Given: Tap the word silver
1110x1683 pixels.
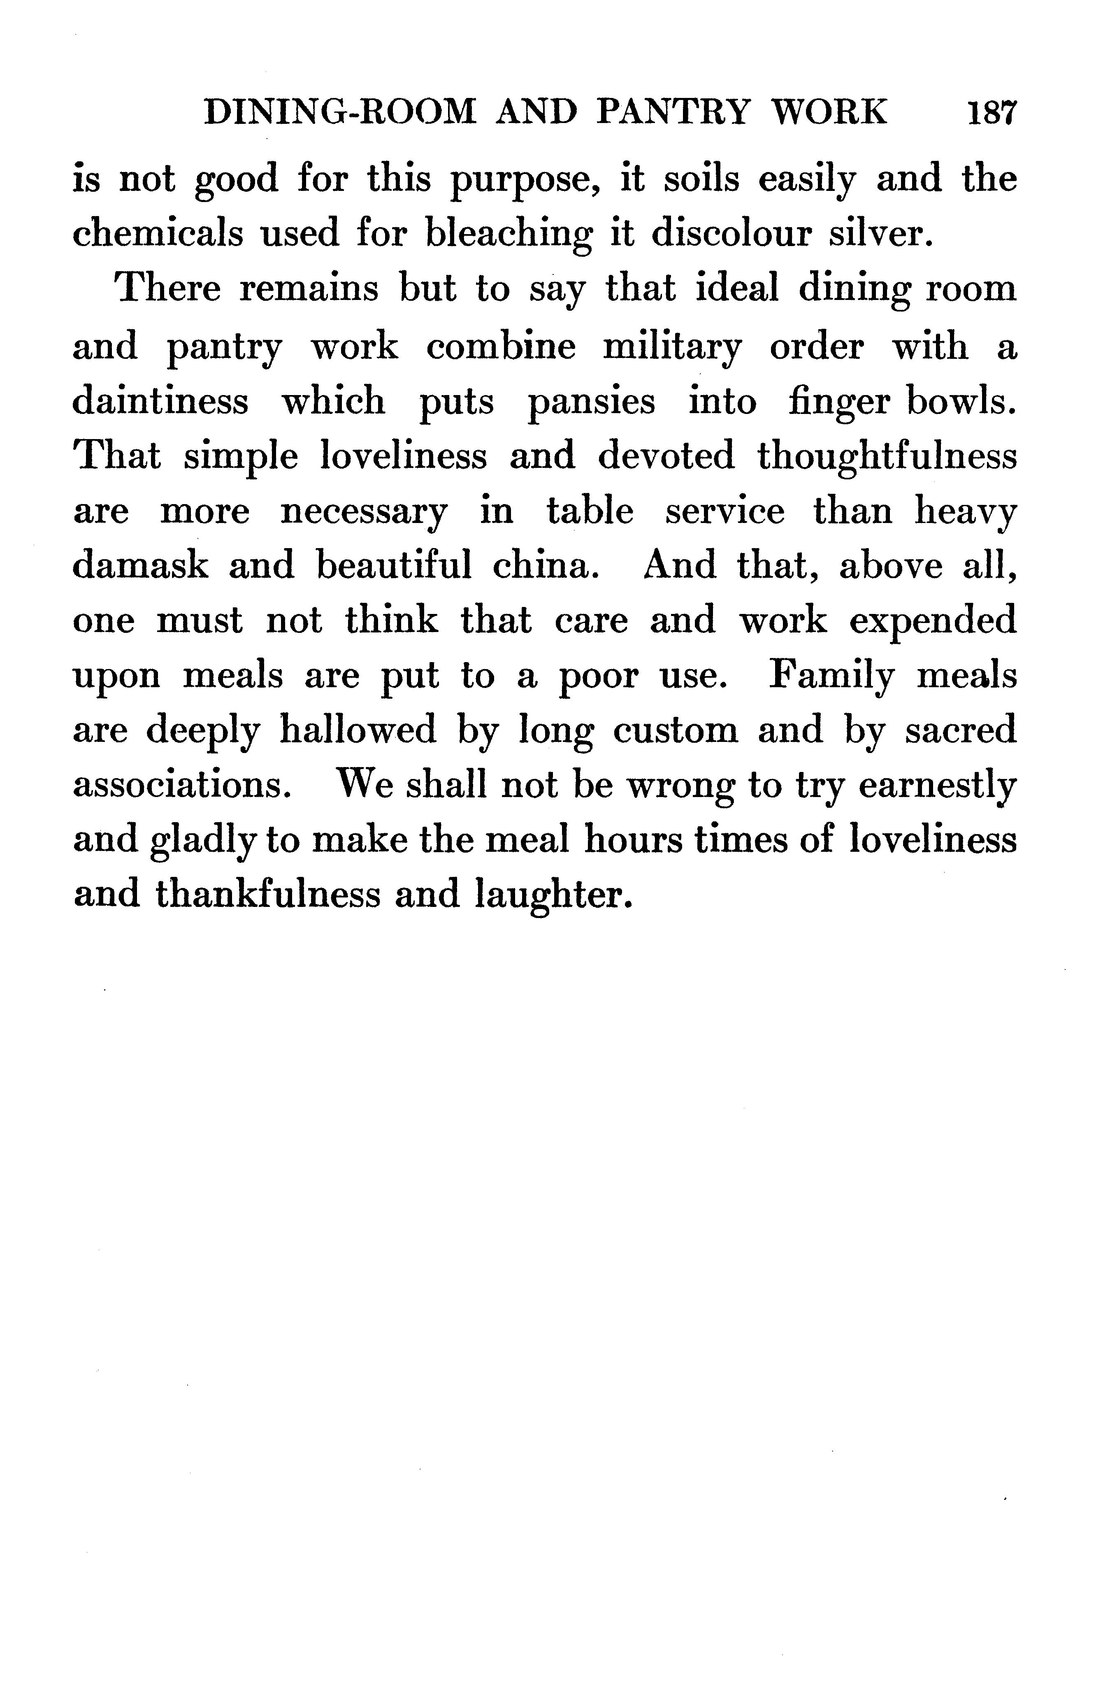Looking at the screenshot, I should [881, 234].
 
